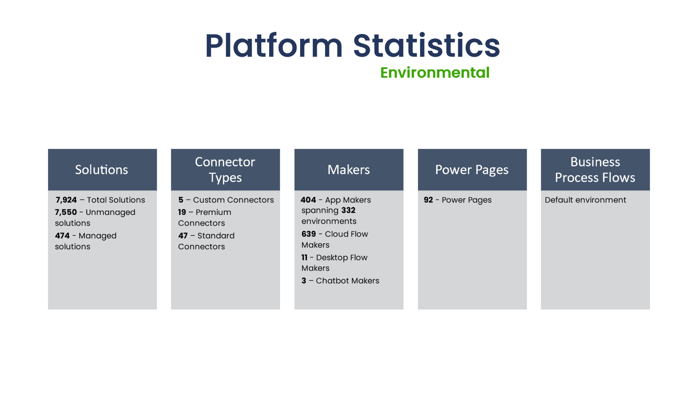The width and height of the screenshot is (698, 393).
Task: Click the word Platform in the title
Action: [x=274, y=46]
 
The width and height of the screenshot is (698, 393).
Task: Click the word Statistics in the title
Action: [x=426, y=46]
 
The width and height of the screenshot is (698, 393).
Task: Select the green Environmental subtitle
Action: [x=435, y=72]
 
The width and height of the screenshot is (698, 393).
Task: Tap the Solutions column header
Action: [x=102, y=169]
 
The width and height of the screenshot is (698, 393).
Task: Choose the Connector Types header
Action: [x=225, y=169]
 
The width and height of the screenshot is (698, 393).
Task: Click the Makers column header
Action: [x=349, y=169]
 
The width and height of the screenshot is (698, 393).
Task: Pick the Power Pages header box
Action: [x=472, y=169]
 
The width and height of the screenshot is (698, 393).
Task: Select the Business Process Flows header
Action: [x=595, y=169]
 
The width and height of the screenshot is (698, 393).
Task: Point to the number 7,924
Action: [x=66, y=200]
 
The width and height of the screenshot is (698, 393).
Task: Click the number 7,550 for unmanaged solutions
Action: [x=66, y=212]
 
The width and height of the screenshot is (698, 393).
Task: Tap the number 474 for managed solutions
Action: [x=62, y=236]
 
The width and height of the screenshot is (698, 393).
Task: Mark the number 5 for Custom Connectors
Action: [x=181, y=200]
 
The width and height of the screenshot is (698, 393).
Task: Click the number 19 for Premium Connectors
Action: [x=182, y=212]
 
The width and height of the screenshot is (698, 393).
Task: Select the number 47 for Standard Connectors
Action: [x=183, y=236]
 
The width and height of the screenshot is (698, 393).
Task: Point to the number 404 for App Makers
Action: [x=308, y=200]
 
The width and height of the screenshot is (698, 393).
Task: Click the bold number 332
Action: [x=348, y=210]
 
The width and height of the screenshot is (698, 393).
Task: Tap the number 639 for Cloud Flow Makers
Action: [x=308, y=234]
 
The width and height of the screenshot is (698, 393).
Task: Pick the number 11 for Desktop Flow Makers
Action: [x=305, y=258]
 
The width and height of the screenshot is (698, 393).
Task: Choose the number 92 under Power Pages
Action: [x=428, y=200]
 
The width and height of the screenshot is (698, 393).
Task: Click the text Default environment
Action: [x=585, y=200]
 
